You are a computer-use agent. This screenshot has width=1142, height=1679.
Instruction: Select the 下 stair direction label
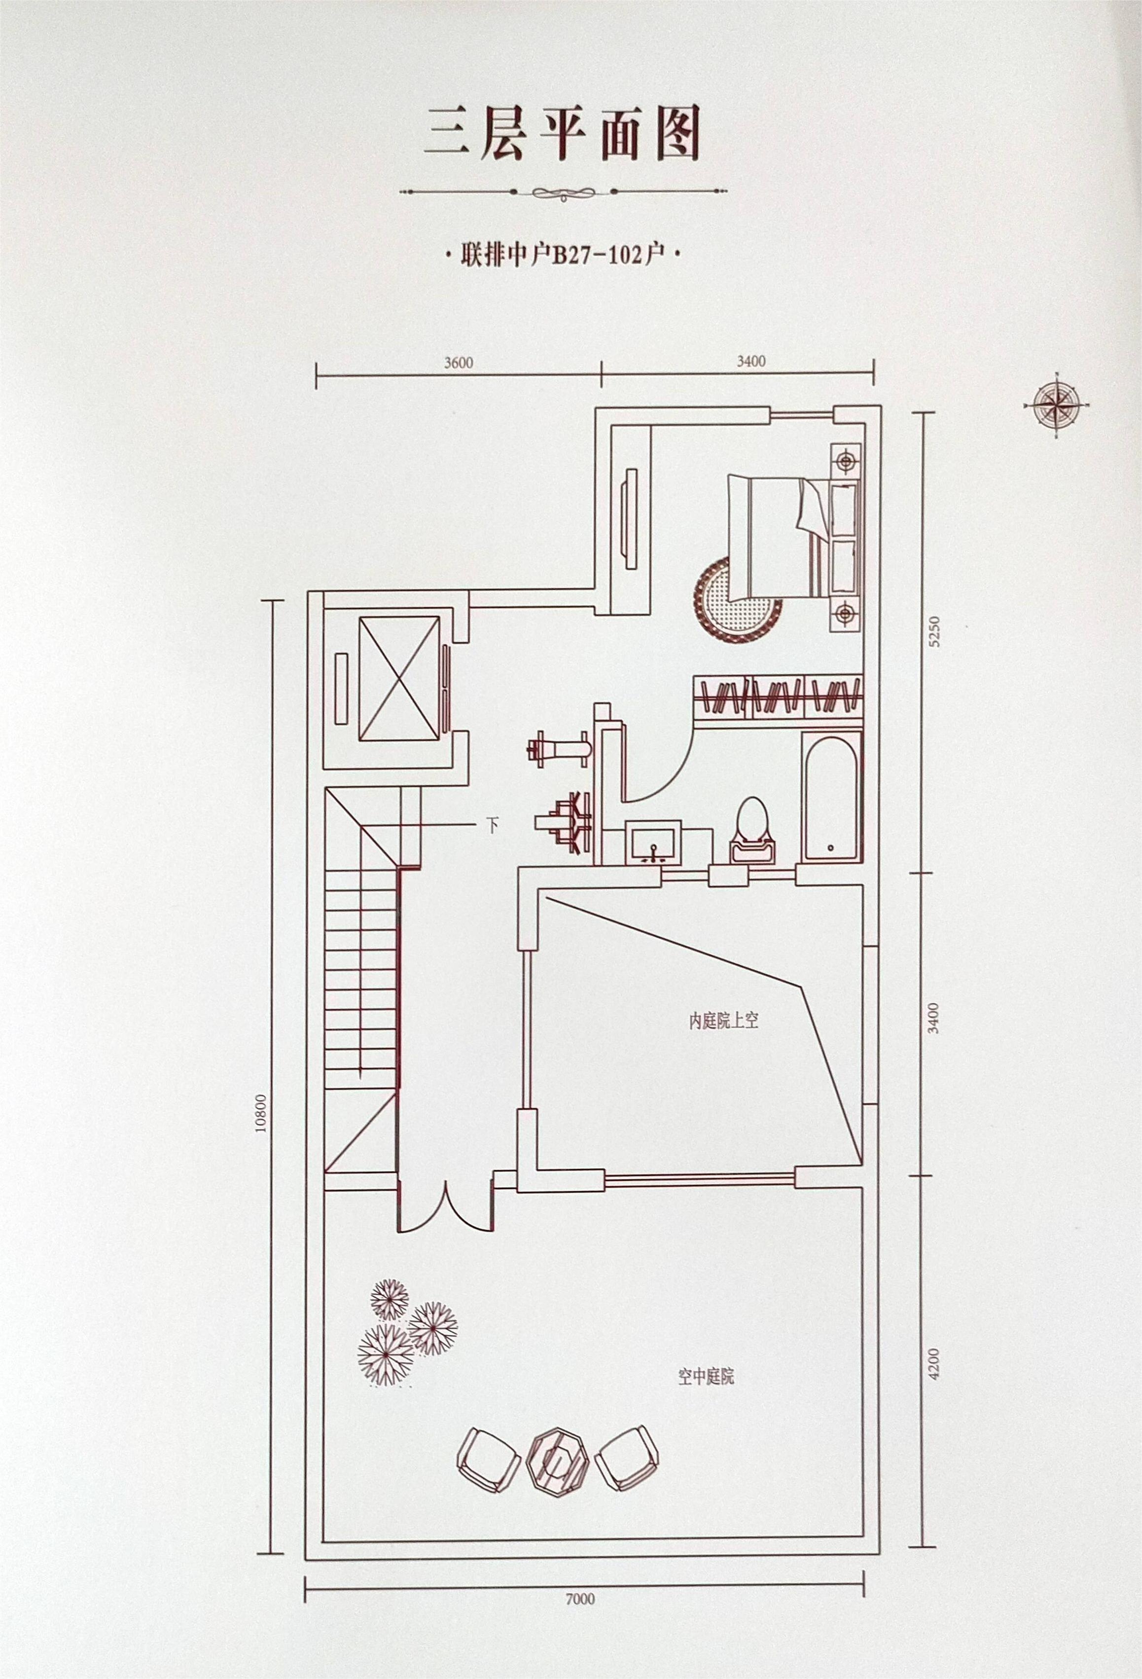[x=493, y=825]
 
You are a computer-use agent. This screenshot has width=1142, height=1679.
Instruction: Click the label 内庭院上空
[x=722, y=1022]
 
